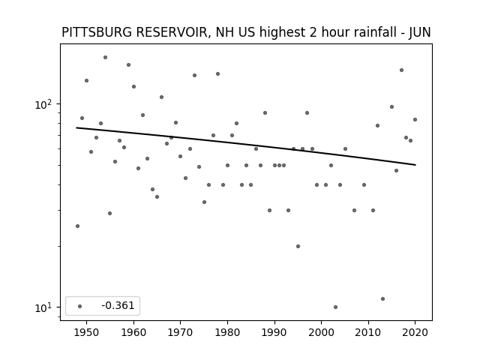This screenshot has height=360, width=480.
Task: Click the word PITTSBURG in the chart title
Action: pos(97,32)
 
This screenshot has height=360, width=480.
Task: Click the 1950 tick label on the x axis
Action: pos(87,332)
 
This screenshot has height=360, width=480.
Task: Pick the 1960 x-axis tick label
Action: pos(133,332)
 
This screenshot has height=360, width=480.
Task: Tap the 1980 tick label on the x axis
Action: pos(227,332)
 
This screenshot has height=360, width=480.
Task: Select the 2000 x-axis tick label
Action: pos(322,332)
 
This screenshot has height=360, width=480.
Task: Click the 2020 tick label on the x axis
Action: pos(415,332)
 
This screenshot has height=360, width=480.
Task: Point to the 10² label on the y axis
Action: pos(43,104)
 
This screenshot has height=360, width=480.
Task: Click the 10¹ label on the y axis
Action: pos(43,307)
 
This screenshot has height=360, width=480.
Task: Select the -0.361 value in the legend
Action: pos(118,305)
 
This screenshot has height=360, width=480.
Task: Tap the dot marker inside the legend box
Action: pos(80,306)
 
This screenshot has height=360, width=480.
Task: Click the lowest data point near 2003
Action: pos(335,307)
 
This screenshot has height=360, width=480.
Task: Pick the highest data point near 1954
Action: pos(105,57)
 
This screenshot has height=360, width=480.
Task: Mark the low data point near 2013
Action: pos(382,298)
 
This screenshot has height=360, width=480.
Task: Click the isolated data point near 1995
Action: pos(298,247)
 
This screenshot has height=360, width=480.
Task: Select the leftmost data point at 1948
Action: pos(77,226)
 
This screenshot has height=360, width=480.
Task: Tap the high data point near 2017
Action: pos(402,70)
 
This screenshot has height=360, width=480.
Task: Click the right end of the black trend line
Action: pos(415,165)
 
